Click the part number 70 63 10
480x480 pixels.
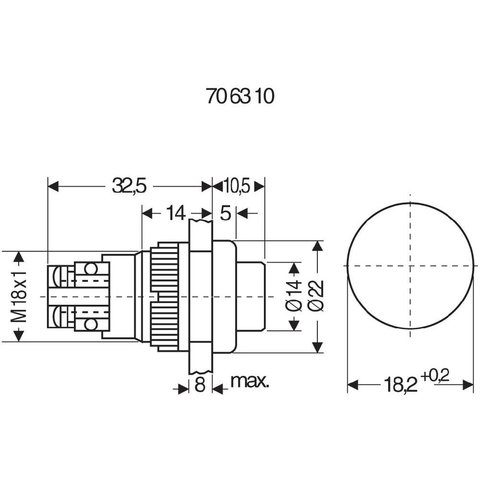click(x=240, y=96)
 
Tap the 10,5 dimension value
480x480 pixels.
click(x=237, y=186)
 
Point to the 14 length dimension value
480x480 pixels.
click(x=175, y=213)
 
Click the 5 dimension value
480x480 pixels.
click(x=225, y=213)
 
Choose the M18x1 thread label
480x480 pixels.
click(x=19, y=297)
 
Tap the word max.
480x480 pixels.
click(x=250, y=382)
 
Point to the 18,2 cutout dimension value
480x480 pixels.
click(x=400, y=385)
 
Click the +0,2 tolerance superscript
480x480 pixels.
click(x=435, y=377)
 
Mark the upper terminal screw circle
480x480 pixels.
click(x=90, y=268)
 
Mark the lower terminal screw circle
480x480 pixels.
click(x=90, y=324)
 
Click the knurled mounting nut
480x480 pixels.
click(x=165, y=297)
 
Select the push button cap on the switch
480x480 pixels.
click(x=251, y=296)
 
